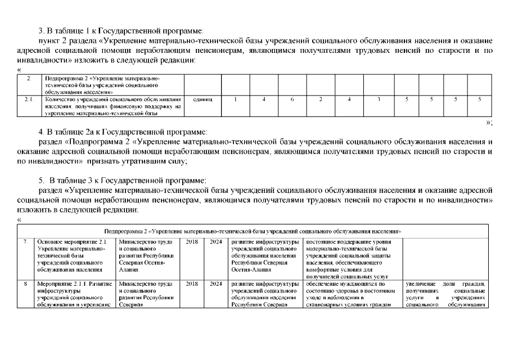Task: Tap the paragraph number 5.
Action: (41, 181)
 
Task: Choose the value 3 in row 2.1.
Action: (379, 100)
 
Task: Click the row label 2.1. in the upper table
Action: (29, 100)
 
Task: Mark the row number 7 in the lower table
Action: (26, 242)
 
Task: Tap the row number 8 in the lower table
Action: (26, 284)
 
